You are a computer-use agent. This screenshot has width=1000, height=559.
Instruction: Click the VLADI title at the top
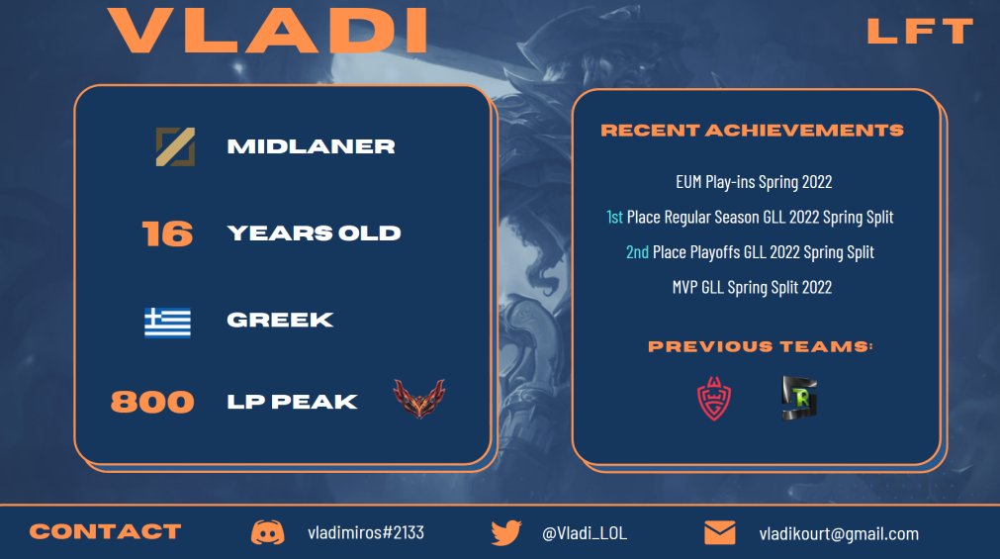click(269, 31)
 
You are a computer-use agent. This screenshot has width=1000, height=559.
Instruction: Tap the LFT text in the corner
click(920, 32)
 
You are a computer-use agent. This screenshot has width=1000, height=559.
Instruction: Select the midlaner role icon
click(175, 146)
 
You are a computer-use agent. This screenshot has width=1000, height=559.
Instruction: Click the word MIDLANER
click(311, 146)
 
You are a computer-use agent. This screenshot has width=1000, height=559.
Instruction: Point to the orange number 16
click(167, 233)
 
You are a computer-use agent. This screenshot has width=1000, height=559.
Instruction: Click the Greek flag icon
click(167, 321)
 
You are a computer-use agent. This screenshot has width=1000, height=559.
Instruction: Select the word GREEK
click(280, 321)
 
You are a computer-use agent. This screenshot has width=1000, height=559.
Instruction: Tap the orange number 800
click(152, 402)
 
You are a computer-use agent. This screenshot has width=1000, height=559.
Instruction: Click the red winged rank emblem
click(418, 400)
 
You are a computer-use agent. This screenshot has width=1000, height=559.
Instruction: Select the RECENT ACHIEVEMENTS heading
click(752, 131)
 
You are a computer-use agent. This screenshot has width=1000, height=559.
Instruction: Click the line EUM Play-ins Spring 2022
click(753, 182)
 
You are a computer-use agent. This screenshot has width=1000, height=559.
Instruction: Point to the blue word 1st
click(614, 217)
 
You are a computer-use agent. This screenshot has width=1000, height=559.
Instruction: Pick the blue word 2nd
click(637, 252)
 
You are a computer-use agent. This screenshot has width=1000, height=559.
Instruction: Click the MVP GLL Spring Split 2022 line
click(752, 287)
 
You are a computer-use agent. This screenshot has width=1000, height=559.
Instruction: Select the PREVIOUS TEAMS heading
click(761, 346)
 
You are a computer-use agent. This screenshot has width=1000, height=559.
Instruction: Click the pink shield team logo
click(714, 399)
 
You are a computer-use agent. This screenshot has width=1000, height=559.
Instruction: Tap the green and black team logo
click(798, 399)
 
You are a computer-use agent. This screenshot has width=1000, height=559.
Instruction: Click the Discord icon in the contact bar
click(267, 532)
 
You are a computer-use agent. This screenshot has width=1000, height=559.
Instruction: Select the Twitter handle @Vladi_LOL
click(584, 533)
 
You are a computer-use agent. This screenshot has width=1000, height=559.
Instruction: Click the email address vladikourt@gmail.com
click(839, 533)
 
